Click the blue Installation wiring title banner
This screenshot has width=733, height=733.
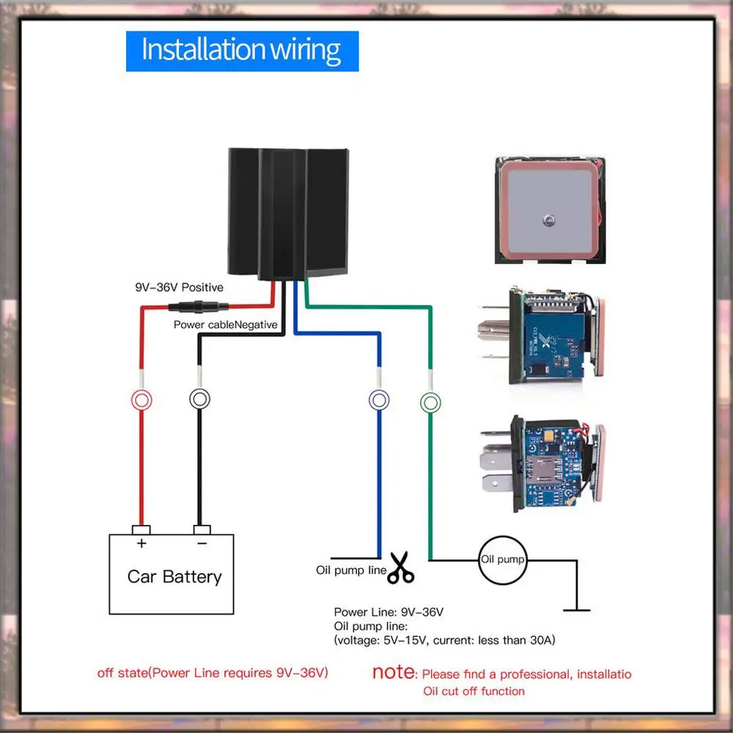click(242, 51)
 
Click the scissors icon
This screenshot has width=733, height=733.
click(401, 567)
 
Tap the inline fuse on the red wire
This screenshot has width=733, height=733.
click(198, 307)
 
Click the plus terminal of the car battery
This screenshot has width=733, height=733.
click(141, 530)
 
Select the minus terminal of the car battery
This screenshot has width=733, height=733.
click(202, 530)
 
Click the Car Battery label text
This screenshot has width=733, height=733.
click(174, 577)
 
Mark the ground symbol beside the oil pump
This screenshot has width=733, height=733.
click(576, 610)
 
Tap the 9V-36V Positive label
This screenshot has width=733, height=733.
click(179, 287)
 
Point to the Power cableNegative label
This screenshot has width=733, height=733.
click(225, 325)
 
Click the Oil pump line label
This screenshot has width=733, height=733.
click(351, 570)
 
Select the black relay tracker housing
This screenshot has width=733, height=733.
click(288, 214)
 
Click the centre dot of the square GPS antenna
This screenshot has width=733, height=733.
click(549, 220)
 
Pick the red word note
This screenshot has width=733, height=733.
click(393, 671)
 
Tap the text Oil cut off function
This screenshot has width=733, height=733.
click(474, 691)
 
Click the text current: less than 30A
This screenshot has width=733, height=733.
click(494, 640)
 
